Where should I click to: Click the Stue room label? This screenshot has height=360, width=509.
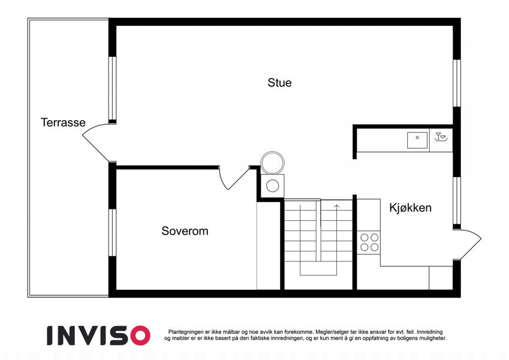pos(279,83)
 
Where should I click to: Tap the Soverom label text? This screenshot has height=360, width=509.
pos(185,230)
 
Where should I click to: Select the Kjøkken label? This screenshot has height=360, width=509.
pos(410,208)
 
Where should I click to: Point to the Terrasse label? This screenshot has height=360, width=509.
pos(63,122)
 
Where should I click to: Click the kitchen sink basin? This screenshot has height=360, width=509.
pos(417,140)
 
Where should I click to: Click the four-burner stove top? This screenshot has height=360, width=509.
pos(369,242)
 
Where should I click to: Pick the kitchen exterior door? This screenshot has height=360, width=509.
pos(468,244)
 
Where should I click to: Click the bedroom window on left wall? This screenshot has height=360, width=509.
pos(112,233)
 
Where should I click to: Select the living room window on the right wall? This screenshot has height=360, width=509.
pos(457,83)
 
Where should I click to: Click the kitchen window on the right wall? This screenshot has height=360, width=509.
pos(457,201)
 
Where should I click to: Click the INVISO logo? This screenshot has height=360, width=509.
pos(99,335)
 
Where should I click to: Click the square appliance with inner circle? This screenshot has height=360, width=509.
pos(273,186)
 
